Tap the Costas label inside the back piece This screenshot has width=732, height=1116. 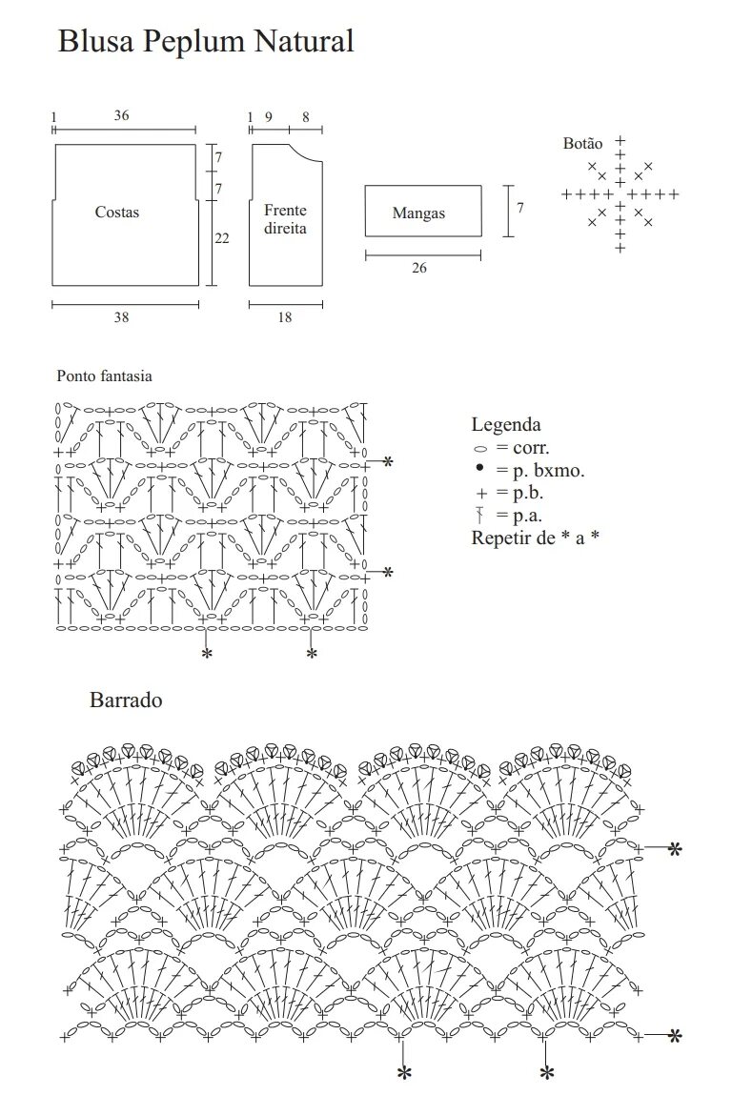[x=117, y=212]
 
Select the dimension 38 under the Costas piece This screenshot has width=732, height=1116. [x=121, y=317]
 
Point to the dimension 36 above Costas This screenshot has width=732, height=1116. [x=121, y=115]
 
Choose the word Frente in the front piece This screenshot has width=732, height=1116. [x=286, y=210]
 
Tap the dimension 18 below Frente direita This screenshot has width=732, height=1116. [x=285, y=317]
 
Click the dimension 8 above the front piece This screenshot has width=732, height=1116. [x=305, y=116]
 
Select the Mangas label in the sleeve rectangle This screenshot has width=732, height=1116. [x=418, y=213]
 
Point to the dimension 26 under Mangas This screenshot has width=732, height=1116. [x=419, y=268]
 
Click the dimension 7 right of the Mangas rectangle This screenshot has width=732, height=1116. [x=520, y=207]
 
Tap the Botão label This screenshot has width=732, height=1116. [x=582, y=144]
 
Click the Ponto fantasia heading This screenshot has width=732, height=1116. [x=104, y=376]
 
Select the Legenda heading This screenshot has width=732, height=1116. [x=506, y=425]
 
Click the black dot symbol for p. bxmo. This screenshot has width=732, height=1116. [x=479, y=469]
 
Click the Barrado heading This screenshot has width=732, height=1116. [x=126, y=700]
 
